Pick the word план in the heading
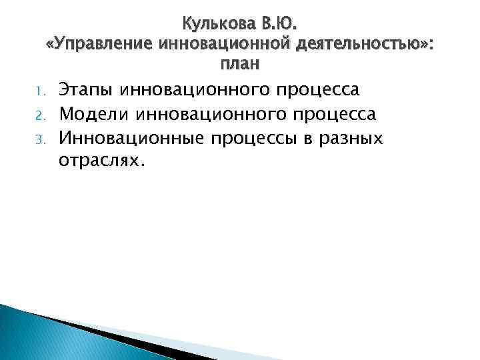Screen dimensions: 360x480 coord(239,65)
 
